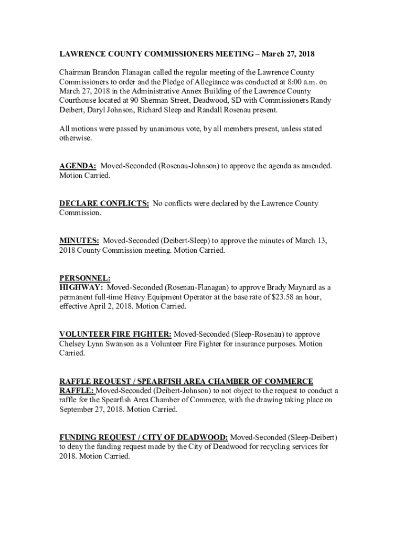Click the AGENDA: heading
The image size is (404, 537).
click(77, 166)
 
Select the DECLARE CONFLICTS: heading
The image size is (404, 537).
click(104, 203)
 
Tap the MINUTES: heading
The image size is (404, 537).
click(79, 241)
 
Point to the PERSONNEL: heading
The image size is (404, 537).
click(85, 278)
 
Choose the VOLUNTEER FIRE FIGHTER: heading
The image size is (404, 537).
click(115, 334)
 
